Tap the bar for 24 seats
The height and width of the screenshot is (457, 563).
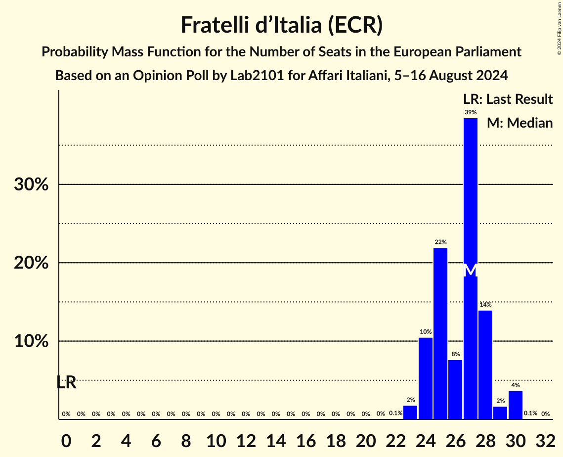426,378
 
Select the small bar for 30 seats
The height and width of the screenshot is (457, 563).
516,405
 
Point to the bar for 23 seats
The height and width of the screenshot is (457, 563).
410,412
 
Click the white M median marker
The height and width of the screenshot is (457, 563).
471,271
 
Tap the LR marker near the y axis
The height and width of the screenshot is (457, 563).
66,382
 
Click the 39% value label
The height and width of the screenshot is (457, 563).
471,112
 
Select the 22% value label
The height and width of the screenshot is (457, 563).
440,242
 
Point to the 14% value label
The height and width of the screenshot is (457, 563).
485,305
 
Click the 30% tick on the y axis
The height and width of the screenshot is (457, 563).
31,185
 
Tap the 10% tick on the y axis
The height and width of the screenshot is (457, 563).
31,342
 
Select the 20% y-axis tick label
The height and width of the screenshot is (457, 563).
31,263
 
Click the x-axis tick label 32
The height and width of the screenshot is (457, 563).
545,439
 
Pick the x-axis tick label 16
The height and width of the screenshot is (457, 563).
305,439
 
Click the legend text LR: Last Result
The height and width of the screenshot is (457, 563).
508,99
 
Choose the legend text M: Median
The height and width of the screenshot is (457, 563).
520,123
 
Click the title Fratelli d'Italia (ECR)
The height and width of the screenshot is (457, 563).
281,25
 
